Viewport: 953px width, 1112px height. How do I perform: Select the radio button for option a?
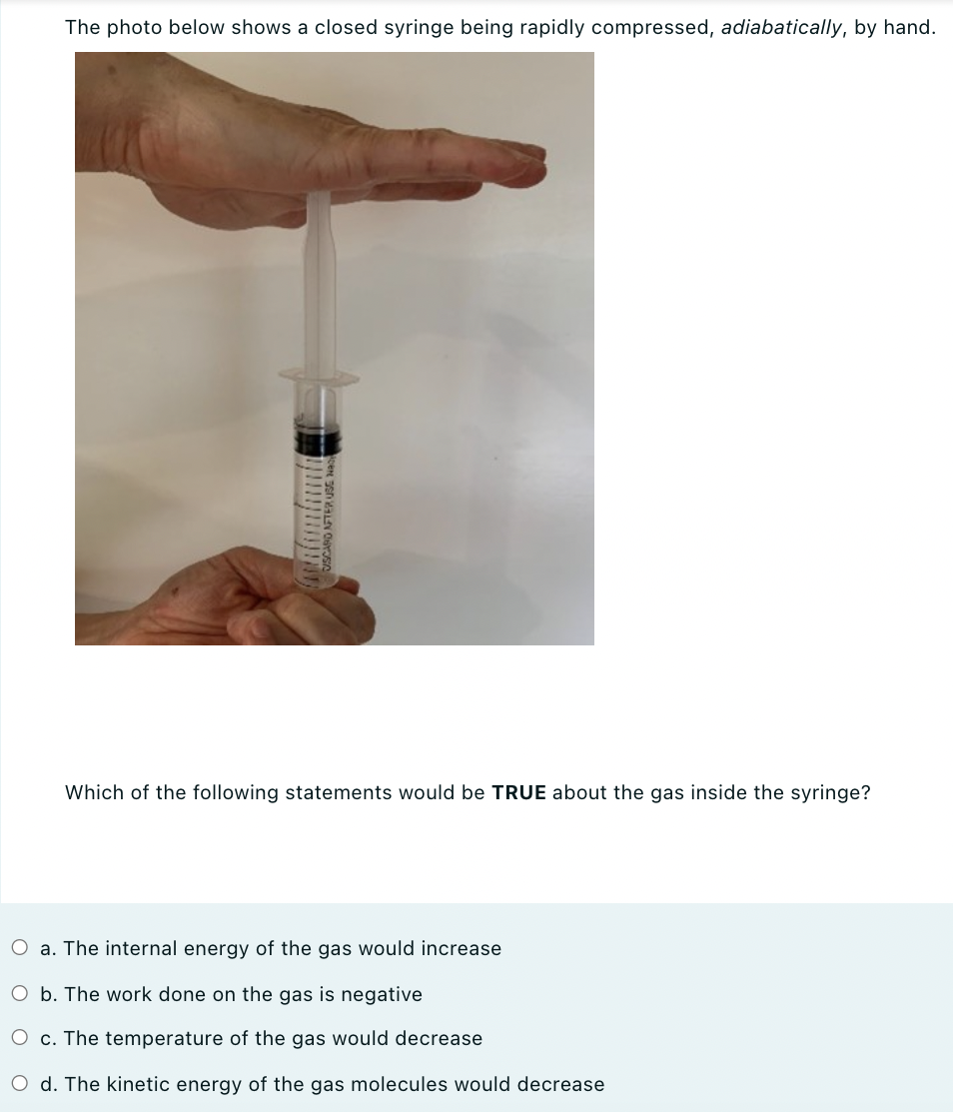(20, 948)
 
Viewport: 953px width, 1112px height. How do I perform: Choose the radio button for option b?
(20, 994)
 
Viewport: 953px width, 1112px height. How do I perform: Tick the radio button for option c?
(20, 1039)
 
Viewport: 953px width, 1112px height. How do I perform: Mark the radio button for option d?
(20, 1084)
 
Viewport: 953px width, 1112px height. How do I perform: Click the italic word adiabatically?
(782, 28)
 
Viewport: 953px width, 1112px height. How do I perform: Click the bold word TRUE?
(518, 792)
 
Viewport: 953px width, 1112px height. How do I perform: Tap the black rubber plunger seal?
(318, 438)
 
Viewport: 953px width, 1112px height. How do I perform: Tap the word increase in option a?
(463, 948)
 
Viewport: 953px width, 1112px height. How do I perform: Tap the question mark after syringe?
(865, 792)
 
